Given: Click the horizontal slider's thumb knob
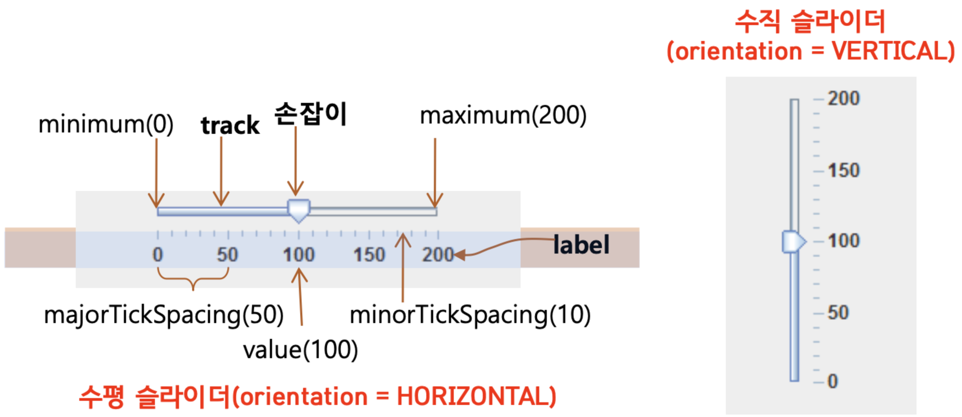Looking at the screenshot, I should tap(299, 210).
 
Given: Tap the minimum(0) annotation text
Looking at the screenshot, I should tap(106, 124).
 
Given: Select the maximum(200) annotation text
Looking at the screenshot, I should tap(503, 115).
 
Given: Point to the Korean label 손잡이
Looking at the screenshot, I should tap(311, 114).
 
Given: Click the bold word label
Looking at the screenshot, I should tap(581, 245).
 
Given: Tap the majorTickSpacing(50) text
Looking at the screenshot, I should tap(164, 315).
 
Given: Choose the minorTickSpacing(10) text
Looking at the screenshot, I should tap(470, 315).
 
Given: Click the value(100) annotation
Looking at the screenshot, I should tap(300, 350).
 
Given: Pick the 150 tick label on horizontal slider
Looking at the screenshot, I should tap(369, 255).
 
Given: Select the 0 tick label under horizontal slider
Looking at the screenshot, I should tap(158, 255).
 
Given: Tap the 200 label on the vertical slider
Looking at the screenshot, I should tap(844, 98).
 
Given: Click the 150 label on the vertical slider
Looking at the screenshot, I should tap(844, 171).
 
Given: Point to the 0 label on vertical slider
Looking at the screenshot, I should tap(833, 381).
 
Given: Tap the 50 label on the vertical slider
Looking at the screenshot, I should tap(838, 312).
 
